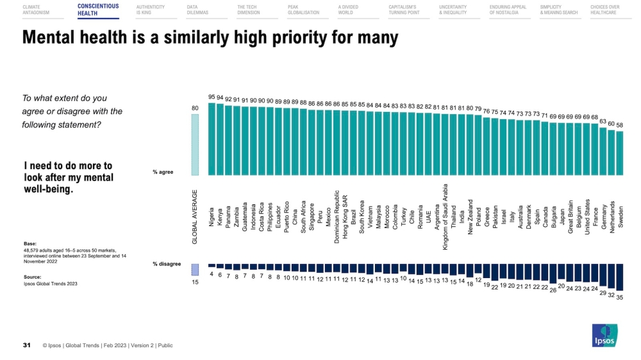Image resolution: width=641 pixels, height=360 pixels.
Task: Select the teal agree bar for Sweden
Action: [619, 153]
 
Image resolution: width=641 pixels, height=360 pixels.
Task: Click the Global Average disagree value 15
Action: [196, 282]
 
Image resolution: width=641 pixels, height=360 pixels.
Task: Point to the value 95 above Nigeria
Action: [212, 97]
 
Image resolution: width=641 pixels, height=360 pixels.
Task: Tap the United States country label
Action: [587, 217]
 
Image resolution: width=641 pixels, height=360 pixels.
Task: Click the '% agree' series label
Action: [163, 172]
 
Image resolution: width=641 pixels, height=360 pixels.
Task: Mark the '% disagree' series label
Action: [167, 264]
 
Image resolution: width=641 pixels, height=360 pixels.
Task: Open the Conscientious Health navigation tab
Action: [98, 10]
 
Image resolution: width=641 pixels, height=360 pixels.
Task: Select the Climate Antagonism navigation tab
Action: [36, 10]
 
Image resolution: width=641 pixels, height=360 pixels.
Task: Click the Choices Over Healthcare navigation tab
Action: [604, 10]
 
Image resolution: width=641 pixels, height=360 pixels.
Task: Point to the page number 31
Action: [27, 345]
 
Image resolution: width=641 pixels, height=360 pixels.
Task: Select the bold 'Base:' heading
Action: [29, 243]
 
